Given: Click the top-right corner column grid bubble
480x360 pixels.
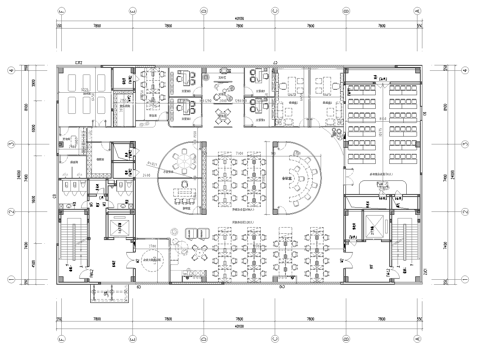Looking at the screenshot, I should [x=421, y=11].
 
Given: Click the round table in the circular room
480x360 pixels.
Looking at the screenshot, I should [x=183, y=172].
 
